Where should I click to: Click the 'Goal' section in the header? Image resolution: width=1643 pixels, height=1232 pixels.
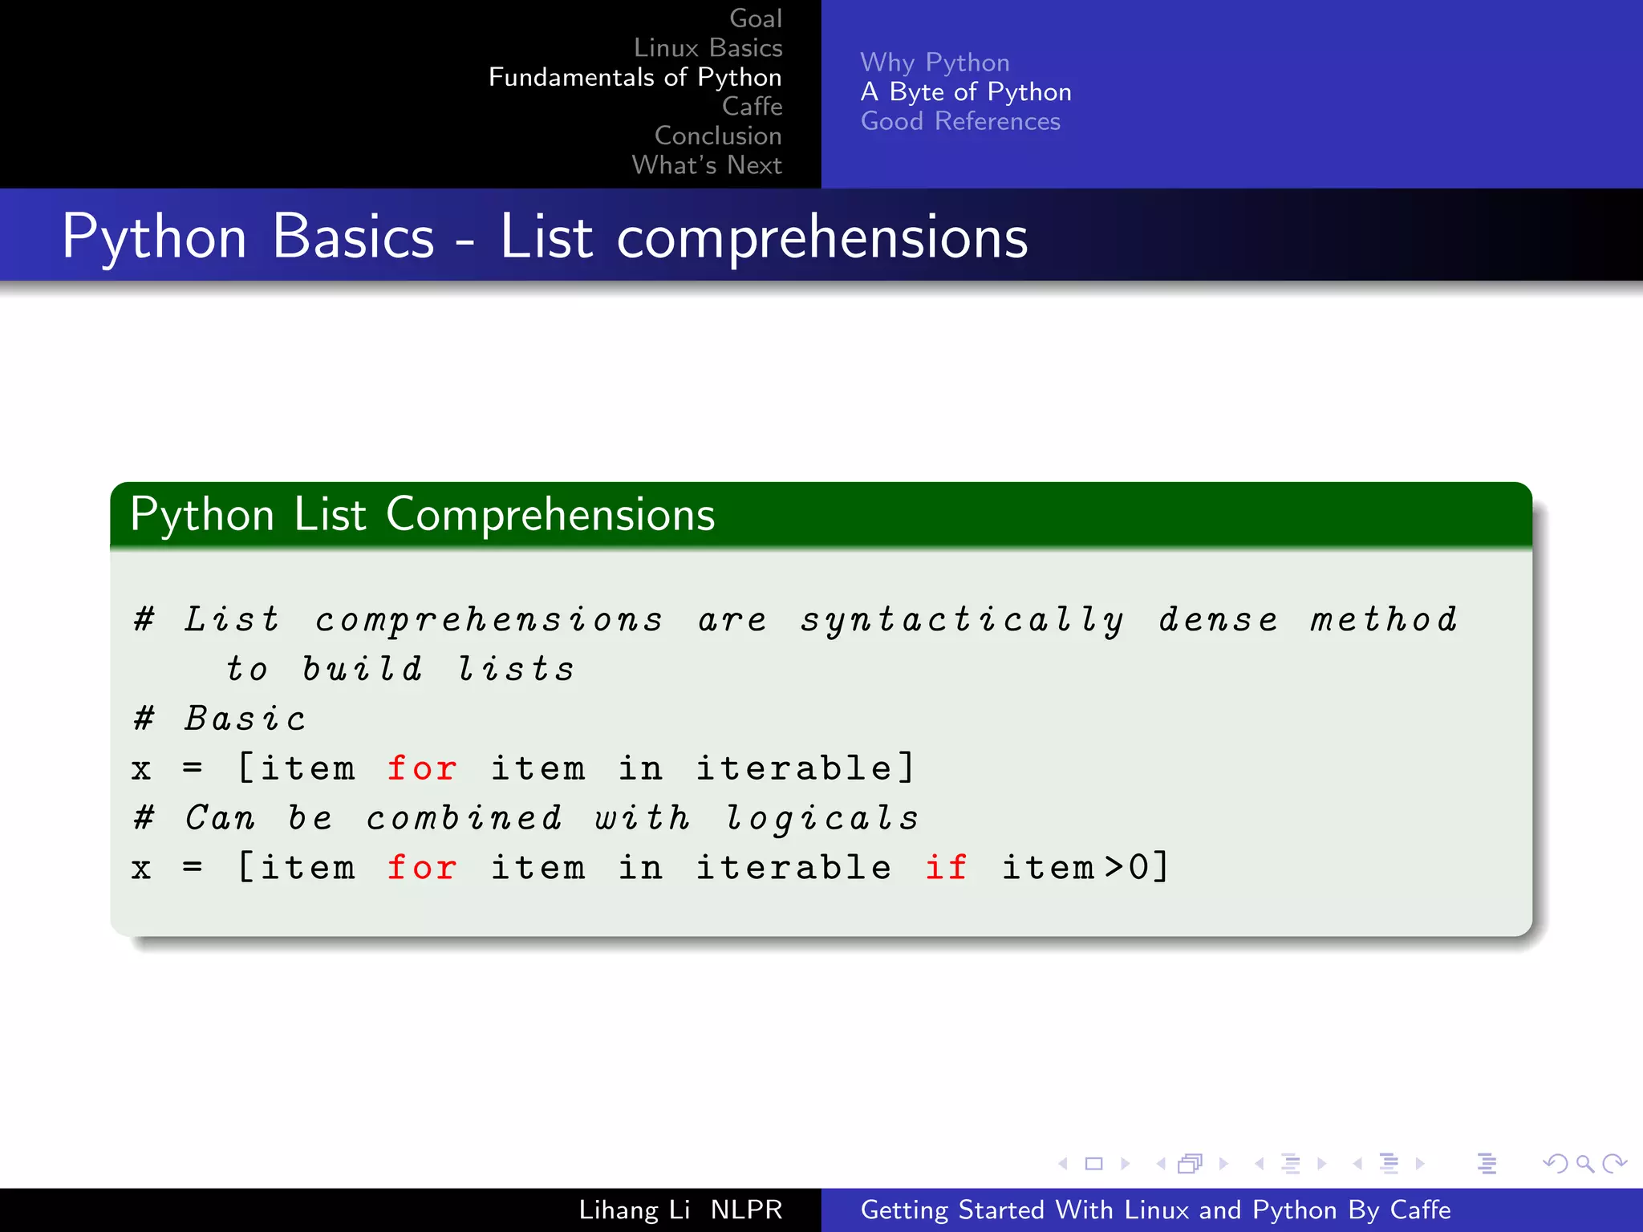tap(755, 18)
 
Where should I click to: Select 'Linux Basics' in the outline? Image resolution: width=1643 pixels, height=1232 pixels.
tap(708, 48)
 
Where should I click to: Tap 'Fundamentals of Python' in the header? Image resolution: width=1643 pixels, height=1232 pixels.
tap(635, 77)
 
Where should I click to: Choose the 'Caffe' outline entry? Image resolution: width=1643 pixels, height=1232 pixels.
tap(752, 106)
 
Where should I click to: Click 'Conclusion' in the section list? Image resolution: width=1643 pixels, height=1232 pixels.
tap(717, 136)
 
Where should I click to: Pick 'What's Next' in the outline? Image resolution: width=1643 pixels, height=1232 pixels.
tap(706, 165)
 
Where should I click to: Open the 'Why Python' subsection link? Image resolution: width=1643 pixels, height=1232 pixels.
tap(935, 63)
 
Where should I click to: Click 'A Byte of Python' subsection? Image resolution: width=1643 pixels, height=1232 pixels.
tap(965, 92)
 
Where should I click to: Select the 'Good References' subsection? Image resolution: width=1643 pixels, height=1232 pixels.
tap(960, 121)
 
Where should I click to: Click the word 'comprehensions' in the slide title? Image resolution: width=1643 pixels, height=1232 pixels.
tap(821, 237)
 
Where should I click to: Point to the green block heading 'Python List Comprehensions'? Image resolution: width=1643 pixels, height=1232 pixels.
tap(422, 514)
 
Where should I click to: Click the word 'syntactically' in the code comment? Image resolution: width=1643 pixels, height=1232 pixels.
tap(962, 621)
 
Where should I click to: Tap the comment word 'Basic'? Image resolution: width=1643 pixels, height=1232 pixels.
tap(245, 719)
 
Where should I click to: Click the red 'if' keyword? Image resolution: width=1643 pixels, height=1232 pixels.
tap(946, 868)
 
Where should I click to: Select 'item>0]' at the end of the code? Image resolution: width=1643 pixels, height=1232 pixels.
tap(1085, 868)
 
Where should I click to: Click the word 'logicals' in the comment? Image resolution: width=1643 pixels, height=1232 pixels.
tap(821, 819)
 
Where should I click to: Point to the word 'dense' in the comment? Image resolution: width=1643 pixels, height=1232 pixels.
tap(1218, 620)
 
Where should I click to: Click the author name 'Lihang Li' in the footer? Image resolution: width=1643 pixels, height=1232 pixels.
tap(634, 1210)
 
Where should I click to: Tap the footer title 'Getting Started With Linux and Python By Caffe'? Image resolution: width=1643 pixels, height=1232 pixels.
tap(1155, 1210)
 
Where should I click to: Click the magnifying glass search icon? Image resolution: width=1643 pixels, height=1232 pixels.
tap(1584, 1163)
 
